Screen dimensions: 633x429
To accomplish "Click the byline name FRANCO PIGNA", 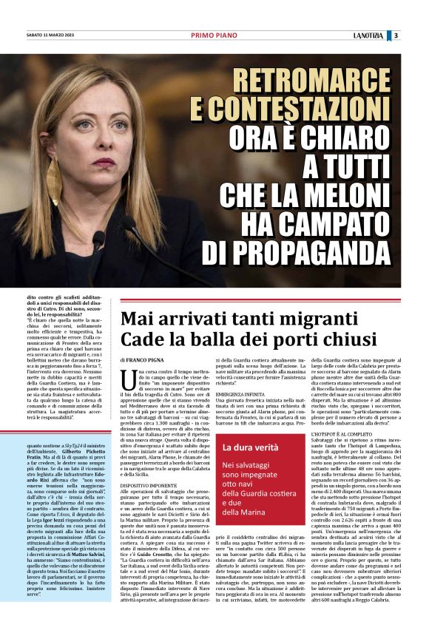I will pyautogui.click(x=149, y=359).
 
